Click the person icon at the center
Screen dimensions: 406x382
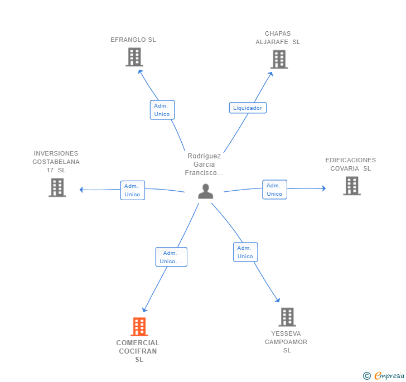206,191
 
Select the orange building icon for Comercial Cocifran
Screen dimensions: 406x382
139,327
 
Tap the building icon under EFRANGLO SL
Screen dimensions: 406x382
134,57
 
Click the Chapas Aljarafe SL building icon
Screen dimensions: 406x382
279,59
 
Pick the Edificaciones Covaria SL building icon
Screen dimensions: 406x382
352,186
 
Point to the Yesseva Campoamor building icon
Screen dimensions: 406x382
287,317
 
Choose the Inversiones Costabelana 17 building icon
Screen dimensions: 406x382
57,187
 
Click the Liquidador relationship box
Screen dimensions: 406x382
248,108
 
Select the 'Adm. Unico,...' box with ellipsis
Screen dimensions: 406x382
171,257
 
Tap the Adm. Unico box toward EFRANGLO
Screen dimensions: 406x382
162,110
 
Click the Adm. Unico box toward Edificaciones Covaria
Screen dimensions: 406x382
275,190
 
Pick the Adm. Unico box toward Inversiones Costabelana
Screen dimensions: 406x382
133,190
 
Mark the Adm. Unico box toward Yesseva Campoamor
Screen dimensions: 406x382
245,252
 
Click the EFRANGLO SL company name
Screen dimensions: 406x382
133,40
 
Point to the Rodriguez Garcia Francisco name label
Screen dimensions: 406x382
204,164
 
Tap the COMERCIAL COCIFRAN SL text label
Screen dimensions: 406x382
138,351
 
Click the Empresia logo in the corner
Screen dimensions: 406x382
384,375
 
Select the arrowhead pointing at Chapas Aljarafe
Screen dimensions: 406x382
270,74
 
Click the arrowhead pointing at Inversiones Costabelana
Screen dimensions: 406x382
81,190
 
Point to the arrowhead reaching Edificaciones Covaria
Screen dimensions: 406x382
324,188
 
